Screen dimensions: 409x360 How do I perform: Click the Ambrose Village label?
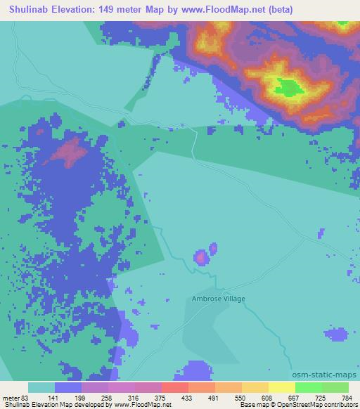[x=219, y=299]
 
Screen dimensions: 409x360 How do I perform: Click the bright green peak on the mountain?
[x=288, y=87]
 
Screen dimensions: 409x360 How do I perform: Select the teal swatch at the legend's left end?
[x=41, y=387]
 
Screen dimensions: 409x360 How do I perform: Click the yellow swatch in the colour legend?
[x=281, y=387]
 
